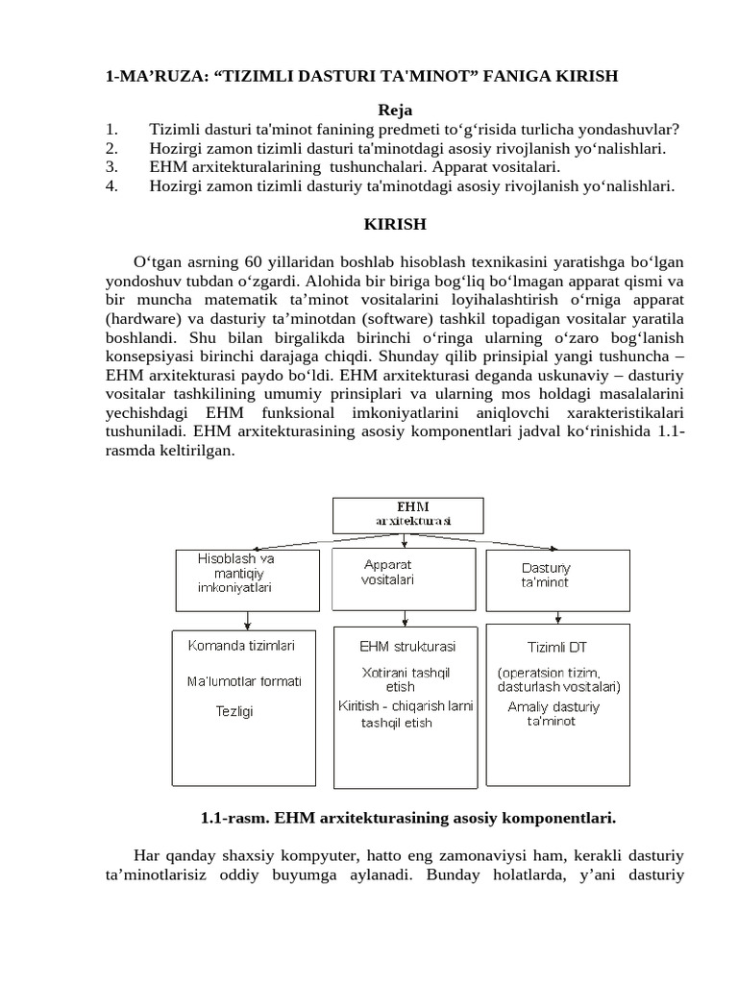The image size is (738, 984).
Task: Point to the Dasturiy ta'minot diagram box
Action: coord(558,576)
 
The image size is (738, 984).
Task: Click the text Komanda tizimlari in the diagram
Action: coord(240,646)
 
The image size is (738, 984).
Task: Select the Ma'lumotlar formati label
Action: coord(243,681)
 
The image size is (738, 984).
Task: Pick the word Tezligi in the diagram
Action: coord(234,712)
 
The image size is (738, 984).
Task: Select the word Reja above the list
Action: coord(394,111)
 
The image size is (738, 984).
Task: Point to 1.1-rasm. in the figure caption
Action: coord(234,819)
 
